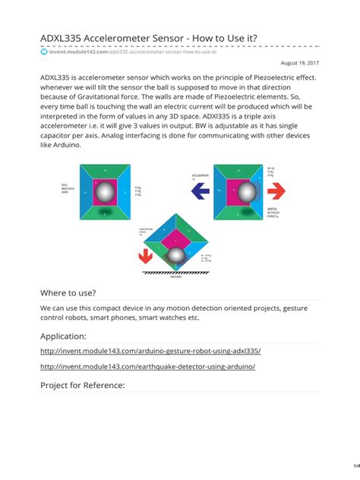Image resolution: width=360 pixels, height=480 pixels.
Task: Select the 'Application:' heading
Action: [x=63, y=336]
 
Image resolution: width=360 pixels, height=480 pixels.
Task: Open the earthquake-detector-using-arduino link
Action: [x=147, y=366]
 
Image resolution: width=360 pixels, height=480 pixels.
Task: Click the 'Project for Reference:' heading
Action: [x=82, y=385]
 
